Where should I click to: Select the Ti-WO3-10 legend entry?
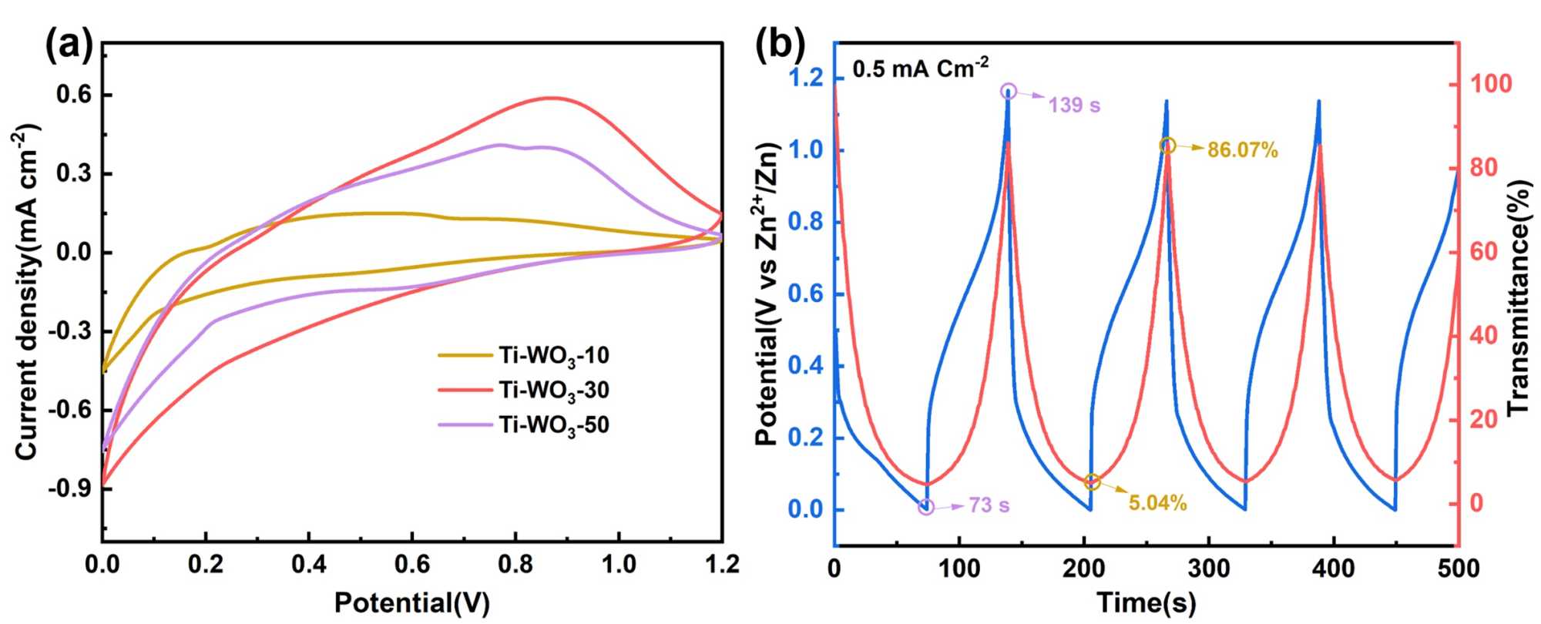click(553, 355)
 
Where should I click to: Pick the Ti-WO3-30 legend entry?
click(553, 390)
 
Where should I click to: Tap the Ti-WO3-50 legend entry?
click(553, 424)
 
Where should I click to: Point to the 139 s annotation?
click(1074, 105)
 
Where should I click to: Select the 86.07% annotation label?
click(1242, 150)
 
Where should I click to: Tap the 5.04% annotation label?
click(1157, 504)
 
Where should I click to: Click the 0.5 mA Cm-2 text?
click(920, 69)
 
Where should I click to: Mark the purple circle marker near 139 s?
click(1008, 92)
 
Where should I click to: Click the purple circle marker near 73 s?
click(926, 507)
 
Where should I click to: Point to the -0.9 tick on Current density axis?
click(72, 488)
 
